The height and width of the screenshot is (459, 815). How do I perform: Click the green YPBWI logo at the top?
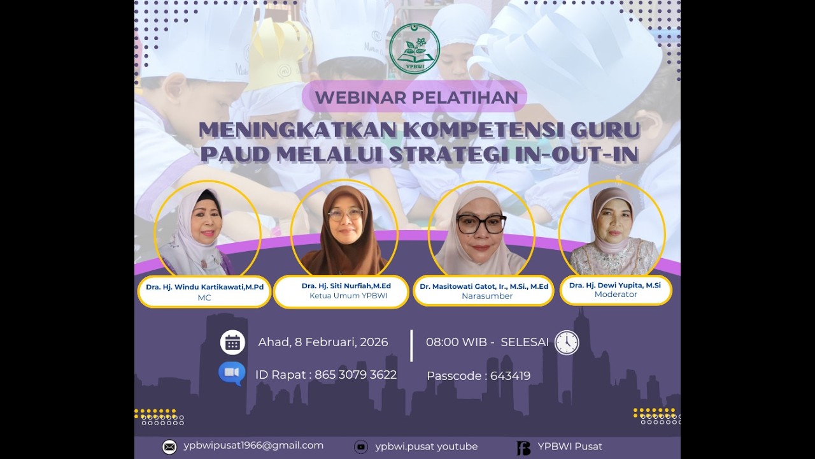[x=415, y=49]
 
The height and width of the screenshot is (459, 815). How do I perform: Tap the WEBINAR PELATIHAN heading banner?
[x=416, y=98]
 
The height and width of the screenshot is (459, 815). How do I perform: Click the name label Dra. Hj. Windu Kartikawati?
[x=204, y=287]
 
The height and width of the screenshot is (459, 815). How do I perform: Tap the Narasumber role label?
[x=486, y=296]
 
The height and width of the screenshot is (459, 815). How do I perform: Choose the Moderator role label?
[x=615, y=295]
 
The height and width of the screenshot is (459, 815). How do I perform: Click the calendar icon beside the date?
[x=232, y=342]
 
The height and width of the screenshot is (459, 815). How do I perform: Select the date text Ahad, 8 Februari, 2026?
[x=323, y=342]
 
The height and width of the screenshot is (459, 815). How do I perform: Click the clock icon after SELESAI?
[x=567, y=342]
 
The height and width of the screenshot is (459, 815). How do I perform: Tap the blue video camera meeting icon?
[x=232, y=373]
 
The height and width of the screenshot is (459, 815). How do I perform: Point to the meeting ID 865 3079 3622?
[x=355, y=375]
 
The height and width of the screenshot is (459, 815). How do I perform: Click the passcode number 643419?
[x=510, y=376]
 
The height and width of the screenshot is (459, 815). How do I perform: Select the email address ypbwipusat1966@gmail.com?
[x=253, y=446]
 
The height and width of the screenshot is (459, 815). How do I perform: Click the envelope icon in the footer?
[x=169, y=447]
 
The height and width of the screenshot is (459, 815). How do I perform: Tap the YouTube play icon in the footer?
[x=361, y=447]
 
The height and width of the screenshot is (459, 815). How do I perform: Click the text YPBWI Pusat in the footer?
[x=570, y=446]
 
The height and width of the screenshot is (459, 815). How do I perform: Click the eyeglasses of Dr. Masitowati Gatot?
[x=481, y=224]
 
